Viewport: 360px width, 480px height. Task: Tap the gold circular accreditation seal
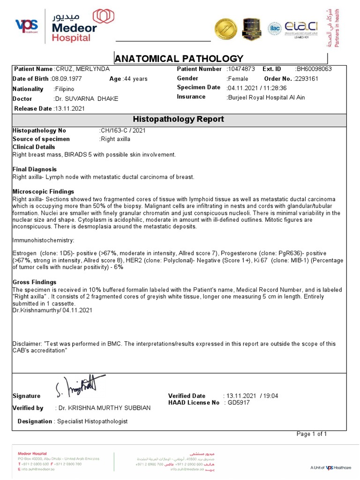tap(225, 29)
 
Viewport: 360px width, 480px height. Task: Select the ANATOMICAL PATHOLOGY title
tap(179, 59)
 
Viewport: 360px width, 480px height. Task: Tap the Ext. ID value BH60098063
tap(314, 69)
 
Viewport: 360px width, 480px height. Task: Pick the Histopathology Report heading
tap(179, 119)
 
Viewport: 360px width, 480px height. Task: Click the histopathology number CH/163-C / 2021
tap(123, 130)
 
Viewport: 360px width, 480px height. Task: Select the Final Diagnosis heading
tap(35, 169)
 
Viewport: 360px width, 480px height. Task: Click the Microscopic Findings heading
tap(43, 192)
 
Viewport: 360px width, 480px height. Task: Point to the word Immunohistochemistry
tap(43, 240)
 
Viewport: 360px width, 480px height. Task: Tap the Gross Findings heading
tap(35, 282)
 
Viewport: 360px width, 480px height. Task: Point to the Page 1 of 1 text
tap(312, 434)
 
